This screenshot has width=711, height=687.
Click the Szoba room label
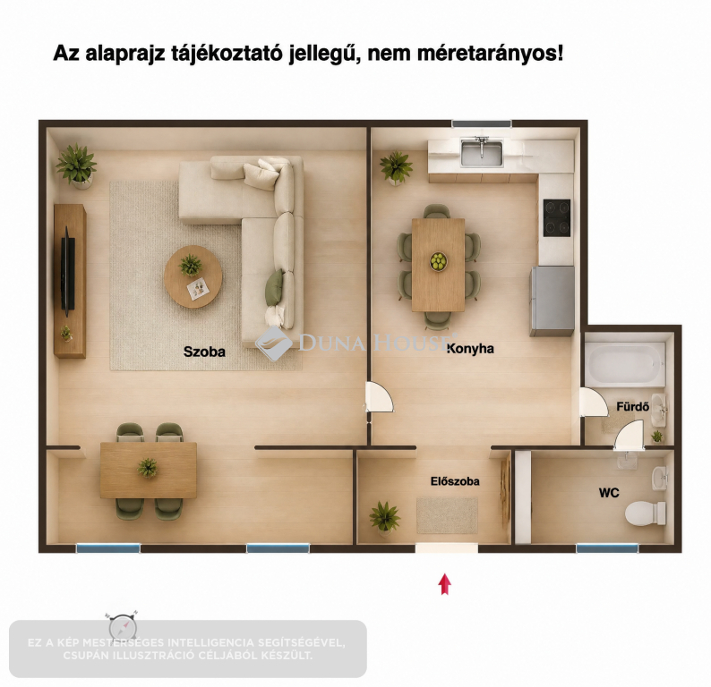204,352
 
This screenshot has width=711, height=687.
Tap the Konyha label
470,349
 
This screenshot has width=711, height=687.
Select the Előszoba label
455,481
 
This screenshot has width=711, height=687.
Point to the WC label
609,493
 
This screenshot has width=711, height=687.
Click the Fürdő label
632,407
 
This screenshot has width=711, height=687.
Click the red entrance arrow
444,584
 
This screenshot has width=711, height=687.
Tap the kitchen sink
482,153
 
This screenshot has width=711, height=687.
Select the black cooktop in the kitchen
557,218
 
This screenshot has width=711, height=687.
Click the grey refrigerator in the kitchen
553,301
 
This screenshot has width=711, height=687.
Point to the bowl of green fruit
438,261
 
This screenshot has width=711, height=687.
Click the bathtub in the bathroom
625,363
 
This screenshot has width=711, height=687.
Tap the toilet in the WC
645,513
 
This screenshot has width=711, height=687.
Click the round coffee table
193,276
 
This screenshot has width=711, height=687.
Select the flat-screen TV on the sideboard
67,271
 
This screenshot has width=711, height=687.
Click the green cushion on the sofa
274,287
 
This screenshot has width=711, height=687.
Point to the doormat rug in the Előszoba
447,515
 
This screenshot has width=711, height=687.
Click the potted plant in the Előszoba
384,518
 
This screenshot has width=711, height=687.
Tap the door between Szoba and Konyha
380,397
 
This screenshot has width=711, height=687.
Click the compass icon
123,626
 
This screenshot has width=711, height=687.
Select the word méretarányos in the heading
490,54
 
